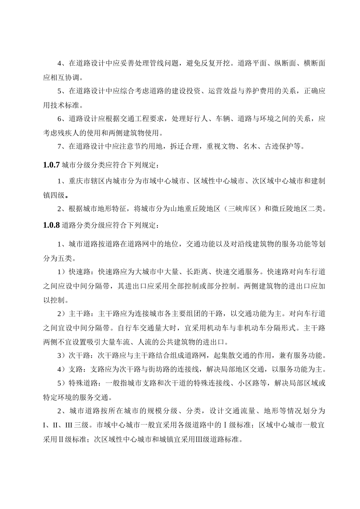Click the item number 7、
pos(61,146)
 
